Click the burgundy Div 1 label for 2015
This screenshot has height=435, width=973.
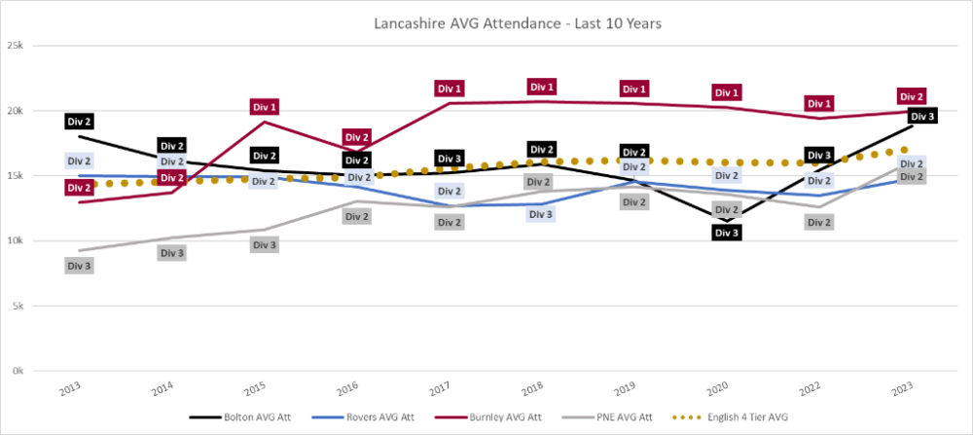pos(264,107)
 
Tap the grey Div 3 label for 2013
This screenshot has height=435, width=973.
pos(79,266)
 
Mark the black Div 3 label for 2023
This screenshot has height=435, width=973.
pos(922,117)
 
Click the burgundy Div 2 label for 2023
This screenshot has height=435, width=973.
pos(912,97)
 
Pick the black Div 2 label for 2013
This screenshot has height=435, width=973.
pos(79,122)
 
